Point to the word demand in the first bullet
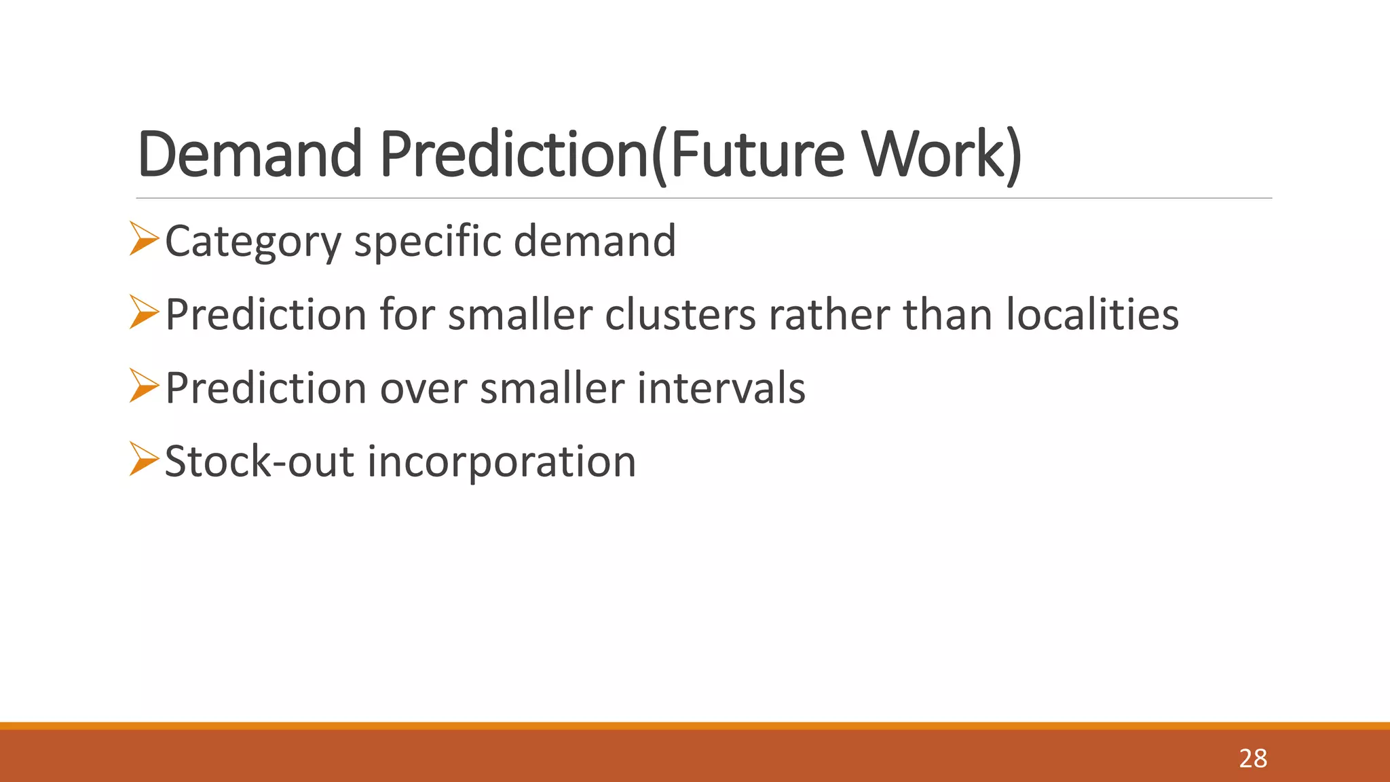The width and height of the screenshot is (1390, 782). pyautogui.click(x=595, y=241)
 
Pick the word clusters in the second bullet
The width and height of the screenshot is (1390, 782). pyautogui.click(x=680, y=315)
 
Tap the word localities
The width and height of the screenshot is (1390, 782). pyautogui.click(x=1092, y=315)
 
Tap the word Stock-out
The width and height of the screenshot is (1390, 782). pyautogui.click(x=259, y=462)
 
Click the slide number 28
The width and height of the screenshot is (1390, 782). pyautogui.click(x=1253, y=758)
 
